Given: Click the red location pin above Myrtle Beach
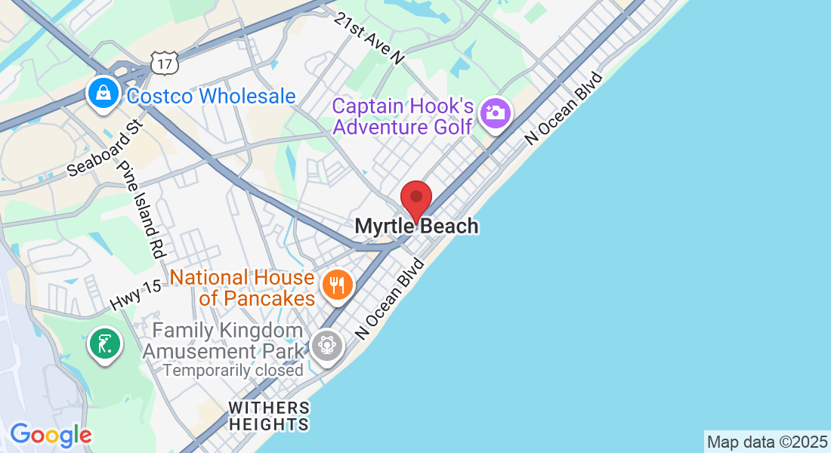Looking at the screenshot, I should tap(415, 199).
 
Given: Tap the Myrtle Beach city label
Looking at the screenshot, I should tap(416, 226).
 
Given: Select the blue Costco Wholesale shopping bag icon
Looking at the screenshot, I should tap(100, 94).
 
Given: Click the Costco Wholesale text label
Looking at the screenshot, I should tap(211, 97).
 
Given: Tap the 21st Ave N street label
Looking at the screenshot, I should tap(371, 36).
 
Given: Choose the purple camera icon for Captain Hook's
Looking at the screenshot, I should tap(496, 114).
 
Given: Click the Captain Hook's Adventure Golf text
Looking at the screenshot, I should tap(403, 116).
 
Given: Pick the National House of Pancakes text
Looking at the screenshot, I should tap(243, 288).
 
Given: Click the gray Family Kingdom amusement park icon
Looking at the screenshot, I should tap(327, 346).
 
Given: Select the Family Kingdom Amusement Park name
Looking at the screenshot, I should tap(223, 341).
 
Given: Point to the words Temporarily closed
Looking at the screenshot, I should tap(233, 370).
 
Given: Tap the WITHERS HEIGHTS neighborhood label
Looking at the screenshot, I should tap(269, 416).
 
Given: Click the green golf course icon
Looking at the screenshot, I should tap(103, 344).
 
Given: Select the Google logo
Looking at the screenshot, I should tap(51, 435).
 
